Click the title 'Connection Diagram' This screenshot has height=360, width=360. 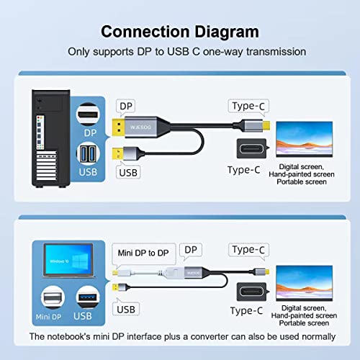[179, 32]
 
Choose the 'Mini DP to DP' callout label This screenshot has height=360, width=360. [143, 253]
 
